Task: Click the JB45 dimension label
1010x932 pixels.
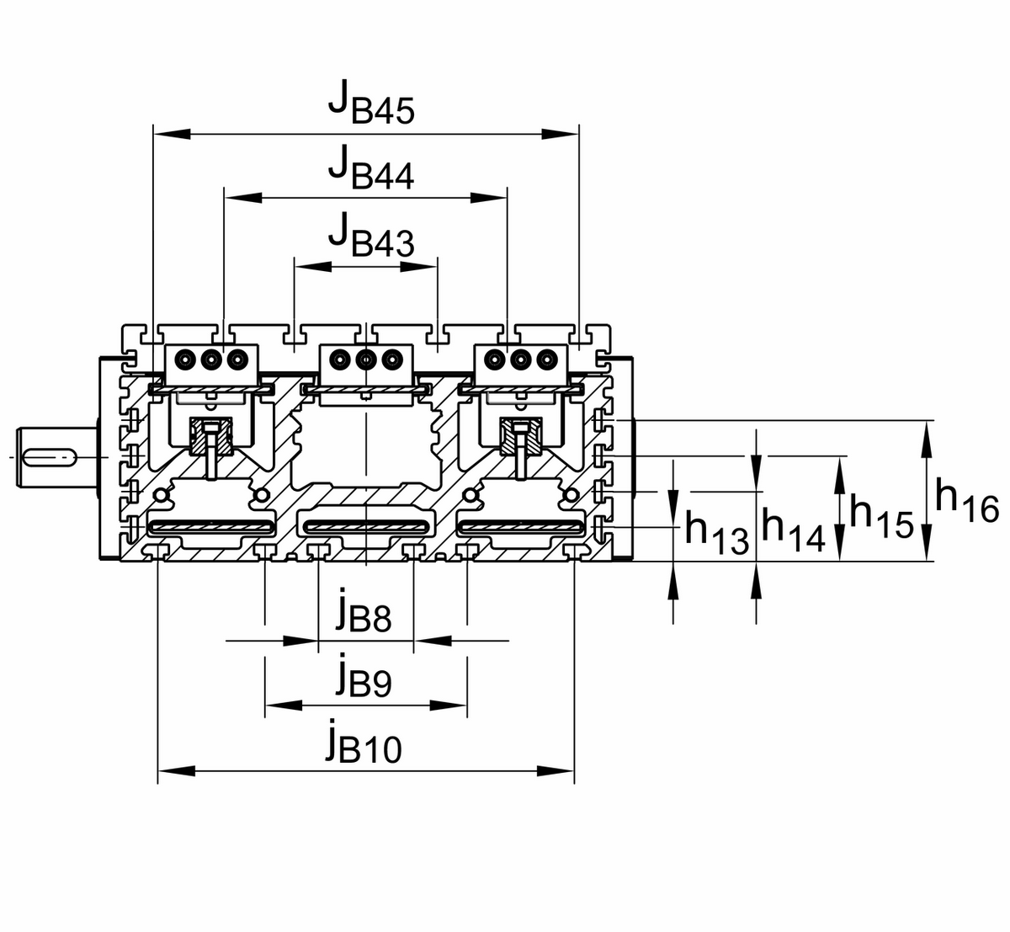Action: [371, 104]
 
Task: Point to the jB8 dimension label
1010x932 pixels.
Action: [363, 614]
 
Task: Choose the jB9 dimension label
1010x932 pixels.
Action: [363, 678]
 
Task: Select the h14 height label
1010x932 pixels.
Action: [793, 530]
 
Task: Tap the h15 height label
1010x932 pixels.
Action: [880, 514]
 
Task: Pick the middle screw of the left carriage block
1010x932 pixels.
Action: [211, 359]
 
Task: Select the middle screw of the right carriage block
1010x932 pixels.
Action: [520, 359]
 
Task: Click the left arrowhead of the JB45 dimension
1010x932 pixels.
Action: [172, 133]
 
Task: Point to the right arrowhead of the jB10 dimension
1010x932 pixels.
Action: [556, 770]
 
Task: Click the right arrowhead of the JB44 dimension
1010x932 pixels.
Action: [489, 198]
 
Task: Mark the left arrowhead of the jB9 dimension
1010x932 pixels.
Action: [284, 705]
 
